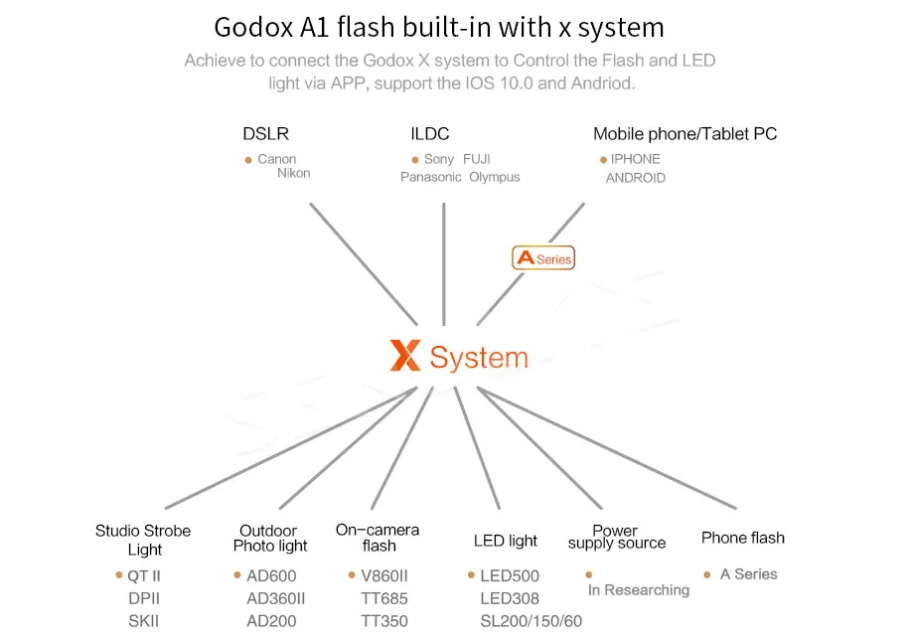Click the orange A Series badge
(x=543, y=258)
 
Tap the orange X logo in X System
(x=405, y=355)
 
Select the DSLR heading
(x=265, y=134)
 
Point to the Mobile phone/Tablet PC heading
(x=685, y=134)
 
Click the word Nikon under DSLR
(x=294, y=173)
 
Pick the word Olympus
(x=495, y=177)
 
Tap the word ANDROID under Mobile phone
(x=636, y=178)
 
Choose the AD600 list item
(x=271, y=575)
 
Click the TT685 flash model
(x=384, y=598)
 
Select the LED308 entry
(x=510, y=598)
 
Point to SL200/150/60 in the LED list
(x=531, y=621)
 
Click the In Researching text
(x=639, y=590)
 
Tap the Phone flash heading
(x=743, y=538)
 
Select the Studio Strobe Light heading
(x=143, y=540)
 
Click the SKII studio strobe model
(x=143, y=621)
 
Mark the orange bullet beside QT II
(x=119, y=575)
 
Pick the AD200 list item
(x=271, y=621)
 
